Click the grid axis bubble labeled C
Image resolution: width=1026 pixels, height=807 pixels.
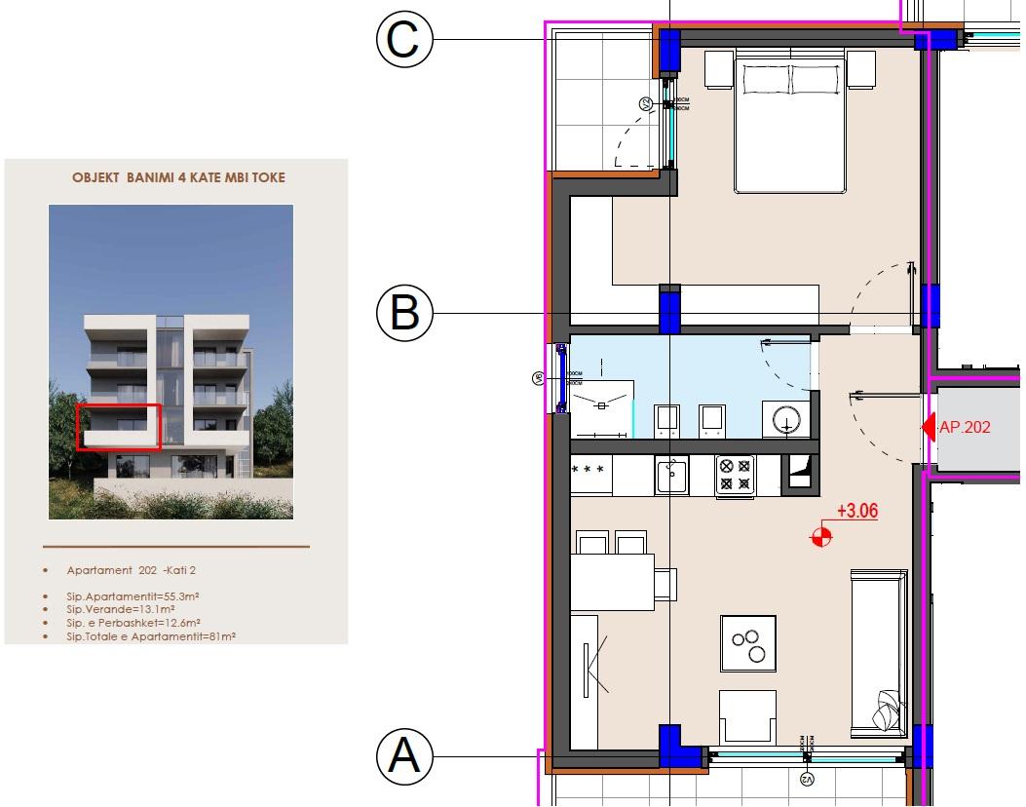pos(403,40)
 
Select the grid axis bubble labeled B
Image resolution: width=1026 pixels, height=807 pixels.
pos(403,314)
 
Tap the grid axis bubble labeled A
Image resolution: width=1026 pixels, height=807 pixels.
pos(403,755)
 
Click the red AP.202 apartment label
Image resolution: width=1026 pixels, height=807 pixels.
pos(965,427)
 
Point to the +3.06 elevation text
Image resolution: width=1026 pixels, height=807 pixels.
pos(857,510)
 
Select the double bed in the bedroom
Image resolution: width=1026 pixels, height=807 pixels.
pos(789,122)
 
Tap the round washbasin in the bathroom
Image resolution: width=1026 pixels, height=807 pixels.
pos(786,420)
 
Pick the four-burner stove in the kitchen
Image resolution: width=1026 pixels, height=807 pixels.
pos(734,475)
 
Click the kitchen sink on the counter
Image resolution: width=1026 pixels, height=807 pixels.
pos(670,475)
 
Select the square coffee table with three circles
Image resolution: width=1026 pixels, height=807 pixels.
pos(747,643)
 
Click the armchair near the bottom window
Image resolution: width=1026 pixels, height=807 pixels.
pos(747,716)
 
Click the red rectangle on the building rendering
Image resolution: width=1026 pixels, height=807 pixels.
pos(118,427)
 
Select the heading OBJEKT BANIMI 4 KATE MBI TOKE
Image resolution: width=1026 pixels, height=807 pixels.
pos(179,178)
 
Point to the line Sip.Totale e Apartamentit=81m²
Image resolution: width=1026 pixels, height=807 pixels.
pos(152,635)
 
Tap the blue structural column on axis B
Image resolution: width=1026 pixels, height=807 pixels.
pos(670,309)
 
